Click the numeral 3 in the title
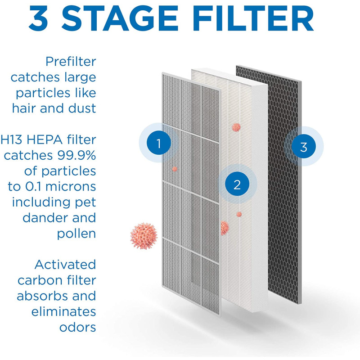pyautogui.click(x=39, y=18)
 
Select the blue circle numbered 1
pyautogui.click(x=159, y=143)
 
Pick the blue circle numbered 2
pyautogui.click(x=237, y=184)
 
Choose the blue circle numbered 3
pyautogui.click(x=303, y=147)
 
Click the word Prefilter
pyautogui.click(x=71, y=62)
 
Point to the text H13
pyautogui.click(x=12, y=139)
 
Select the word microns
pyautogui.click(x=71, y=186)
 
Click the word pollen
pyautogui.click(x=76, y=234)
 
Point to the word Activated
pyautogui.click(x=65, y=265)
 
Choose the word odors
pyautogui.click(x=77, y=327)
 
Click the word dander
pyautogui.click(x=45, y=218)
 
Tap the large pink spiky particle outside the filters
pyautogui.click(x=144, y=236)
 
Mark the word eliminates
pyautogui.click(x=63, y=311)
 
